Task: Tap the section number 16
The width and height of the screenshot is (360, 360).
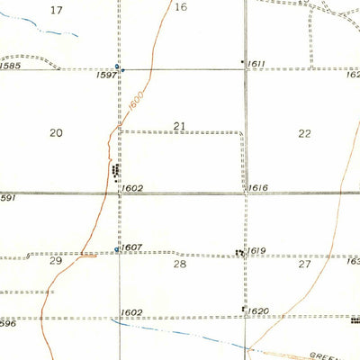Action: [x=181, y=7]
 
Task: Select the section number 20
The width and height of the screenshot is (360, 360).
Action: [x=57, y=132]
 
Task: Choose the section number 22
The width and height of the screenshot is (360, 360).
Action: [x=305, y=133]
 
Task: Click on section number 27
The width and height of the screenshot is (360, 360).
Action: [x=305, y=265]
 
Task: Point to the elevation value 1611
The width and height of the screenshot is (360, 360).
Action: [x=257, y=65]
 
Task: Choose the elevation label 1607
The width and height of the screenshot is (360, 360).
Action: [x=132, y=247]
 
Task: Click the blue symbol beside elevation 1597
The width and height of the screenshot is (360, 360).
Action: [x=118, y=68]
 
